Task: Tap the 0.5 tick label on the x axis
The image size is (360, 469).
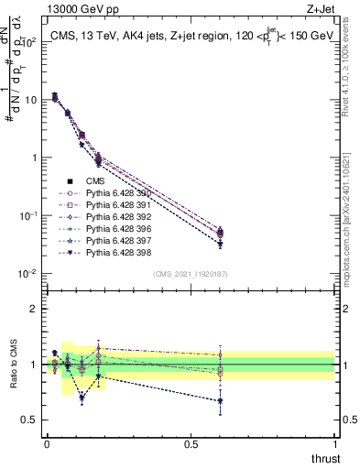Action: pyautogui.click(x=191, y=444)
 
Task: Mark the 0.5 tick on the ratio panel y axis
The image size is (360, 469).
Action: pyautogui.click(x=30, y=420)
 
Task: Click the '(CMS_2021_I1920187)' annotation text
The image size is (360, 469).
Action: pyautogui.click(x=191, y=274)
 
